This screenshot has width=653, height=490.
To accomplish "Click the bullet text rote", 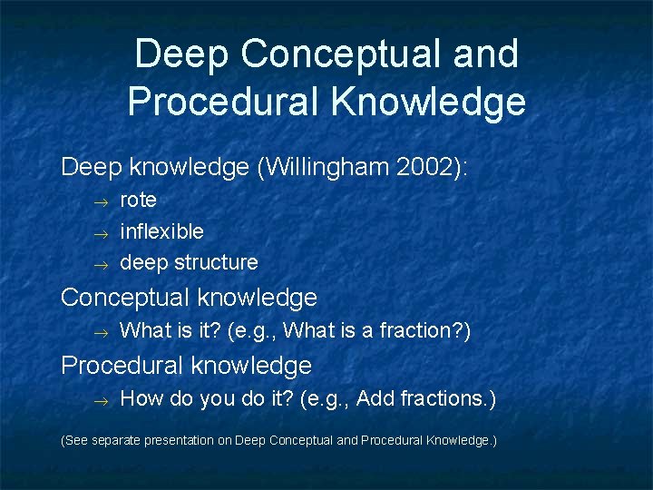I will coord(139,200).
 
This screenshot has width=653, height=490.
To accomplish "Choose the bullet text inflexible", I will coord(162,231).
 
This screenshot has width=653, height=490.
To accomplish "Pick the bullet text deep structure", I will coord(189,263).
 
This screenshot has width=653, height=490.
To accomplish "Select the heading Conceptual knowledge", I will coord(189,298).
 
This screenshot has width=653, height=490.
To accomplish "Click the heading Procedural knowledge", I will coord(186,366).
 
